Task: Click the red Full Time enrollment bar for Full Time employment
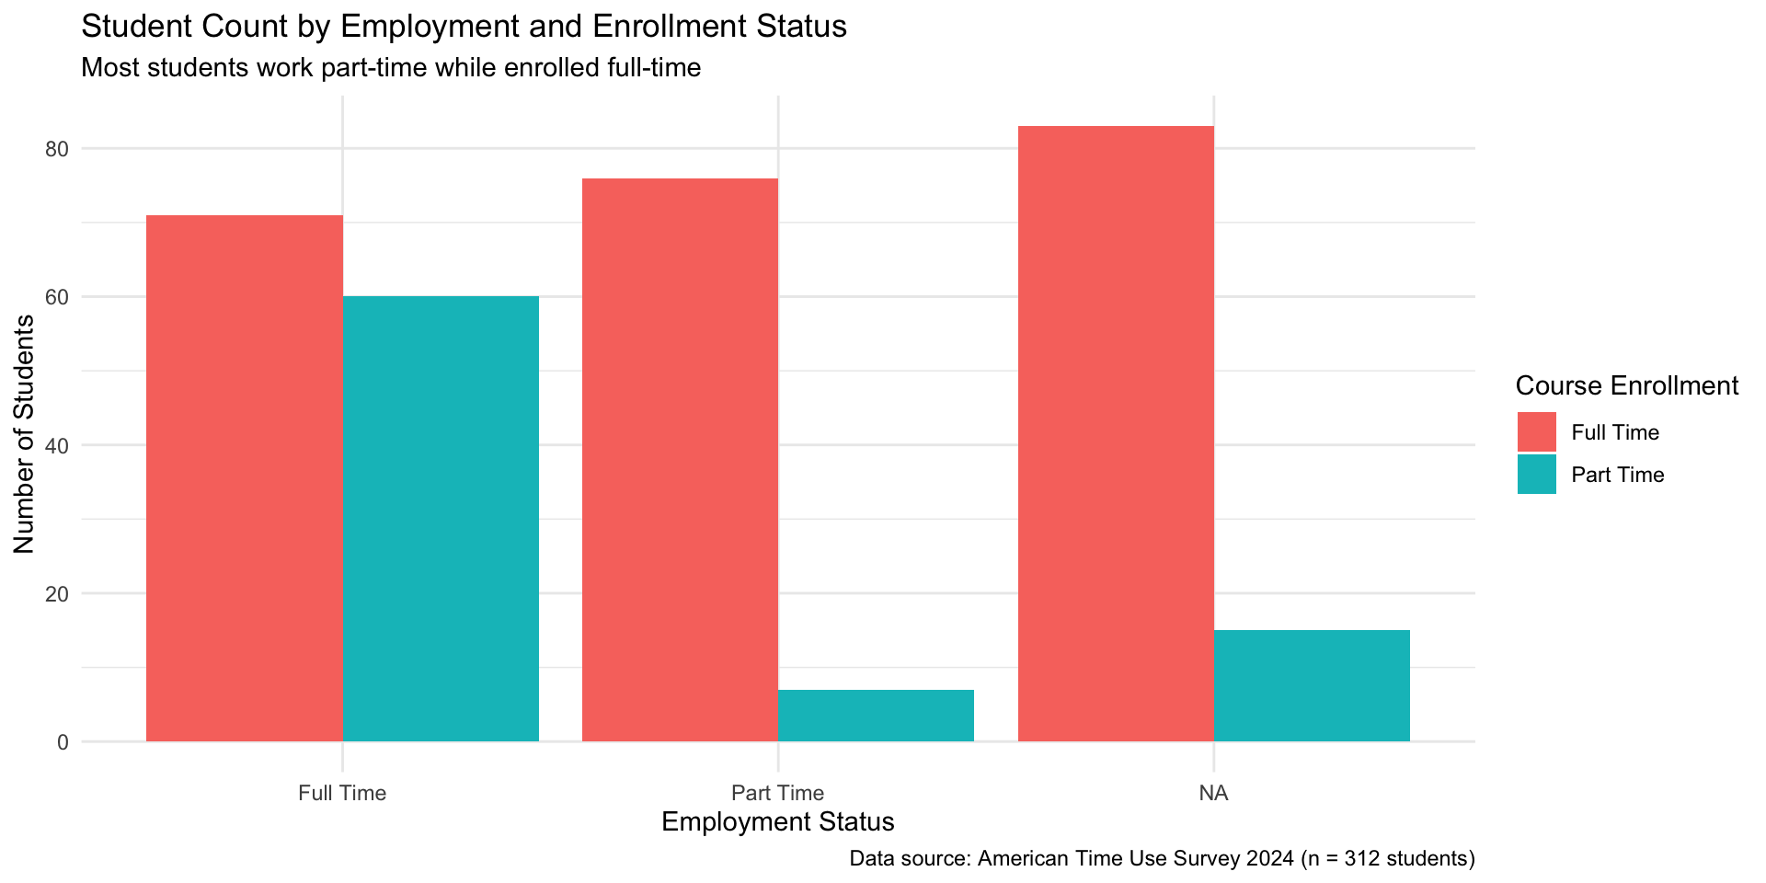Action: [x=245, y=478]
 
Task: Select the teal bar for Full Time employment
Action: [x=441, y=519]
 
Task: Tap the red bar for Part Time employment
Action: [x=680, y=460]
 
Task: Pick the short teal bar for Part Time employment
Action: [x=876, y=716]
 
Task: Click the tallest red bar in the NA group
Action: [x=1116, y=433]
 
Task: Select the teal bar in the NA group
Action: [x=1312, y=685]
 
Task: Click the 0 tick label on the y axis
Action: [x=63, y=742]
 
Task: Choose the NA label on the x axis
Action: [x=1213, y=793]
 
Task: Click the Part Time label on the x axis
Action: [x=777, y=793]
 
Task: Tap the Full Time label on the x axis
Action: [x=342, y=793]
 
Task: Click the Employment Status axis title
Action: [x=777, y=821]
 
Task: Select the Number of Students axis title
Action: [x=25, y=434]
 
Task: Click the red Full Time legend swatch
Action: [x=1536, y=432]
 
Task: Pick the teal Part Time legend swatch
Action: [x=1536, y=475]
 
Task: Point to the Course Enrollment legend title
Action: [x=1626, y=386]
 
